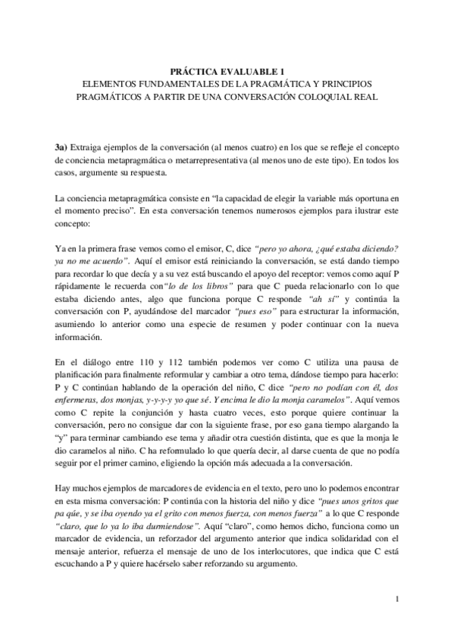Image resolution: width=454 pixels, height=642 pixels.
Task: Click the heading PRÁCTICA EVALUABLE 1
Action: (x=227, y=70)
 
